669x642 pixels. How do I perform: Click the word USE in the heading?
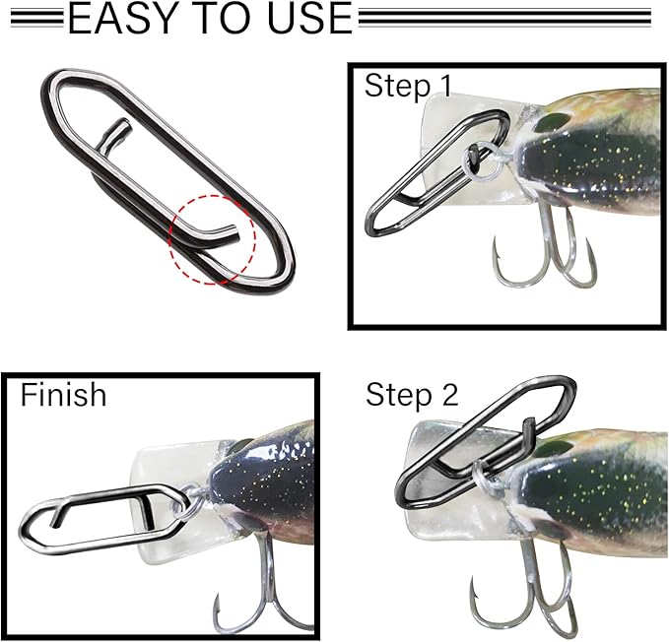click(304, 19)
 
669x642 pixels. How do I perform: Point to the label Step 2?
click(412, 396)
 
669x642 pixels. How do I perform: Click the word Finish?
click(63, 395)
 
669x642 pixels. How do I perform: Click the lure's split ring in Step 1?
click(479, 159)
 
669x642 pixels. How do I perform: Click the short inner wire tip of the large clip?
click(119, 133)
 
